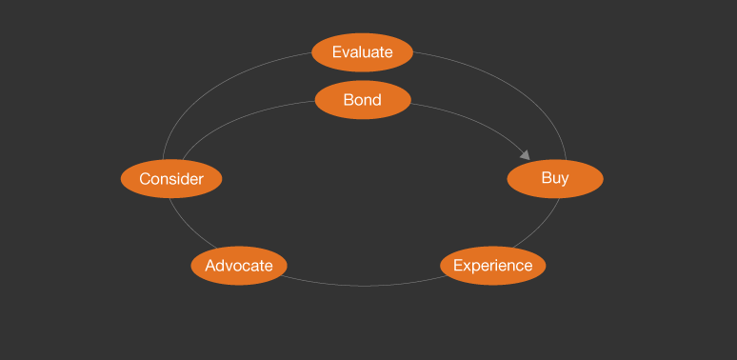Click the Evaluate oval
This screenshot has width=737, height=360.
[x=362, y=52]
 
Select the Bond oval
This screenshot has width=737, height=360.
[x=362, y=100]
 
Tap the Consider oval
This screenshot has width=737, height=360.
[x=171, y=179]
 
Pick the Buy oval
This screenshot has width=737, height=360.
[x=555, y=178]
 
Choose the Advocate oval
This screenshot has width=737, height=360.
[x=239, y=266]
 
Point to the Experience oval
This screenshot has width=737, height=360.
[x=492, y=265]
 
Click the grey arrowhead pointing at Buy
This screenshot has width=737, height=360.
[x=525, y=153]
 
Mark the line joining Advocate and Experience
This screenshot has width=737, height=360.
[x=363, y=285]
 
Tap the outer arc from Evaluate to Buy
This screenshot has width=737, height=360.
[x=514, y=87]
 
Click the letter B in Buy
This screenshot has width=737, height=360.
[x=546, y=178]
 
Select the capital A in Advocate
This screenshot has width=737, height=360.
[x=210, y=266]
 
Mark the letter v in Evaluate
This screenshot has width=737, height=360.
[x=345, y=52]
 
